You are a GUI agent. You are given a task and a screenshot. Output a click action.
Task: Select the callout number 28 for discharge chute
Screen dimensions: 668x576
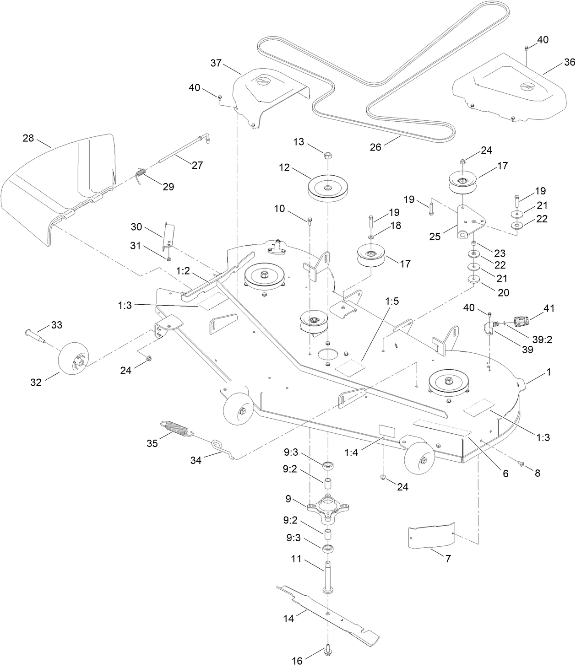[x=28, y=138]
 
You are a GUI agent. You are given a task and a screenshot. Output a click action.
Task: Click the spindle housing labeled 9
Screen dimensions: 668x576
[x=329, y=507]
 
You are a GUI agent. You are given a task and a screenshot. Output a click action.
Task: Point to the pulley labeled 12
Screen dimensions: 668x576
[x=328, y=188]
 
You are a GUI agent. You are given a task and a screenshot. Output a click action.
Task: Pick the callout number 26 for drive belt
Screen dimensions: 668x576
[x=375, y=147]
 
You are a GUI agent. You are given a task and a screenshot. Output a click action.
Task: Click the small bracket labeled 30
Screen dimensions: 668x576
[x=167, y=236]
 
